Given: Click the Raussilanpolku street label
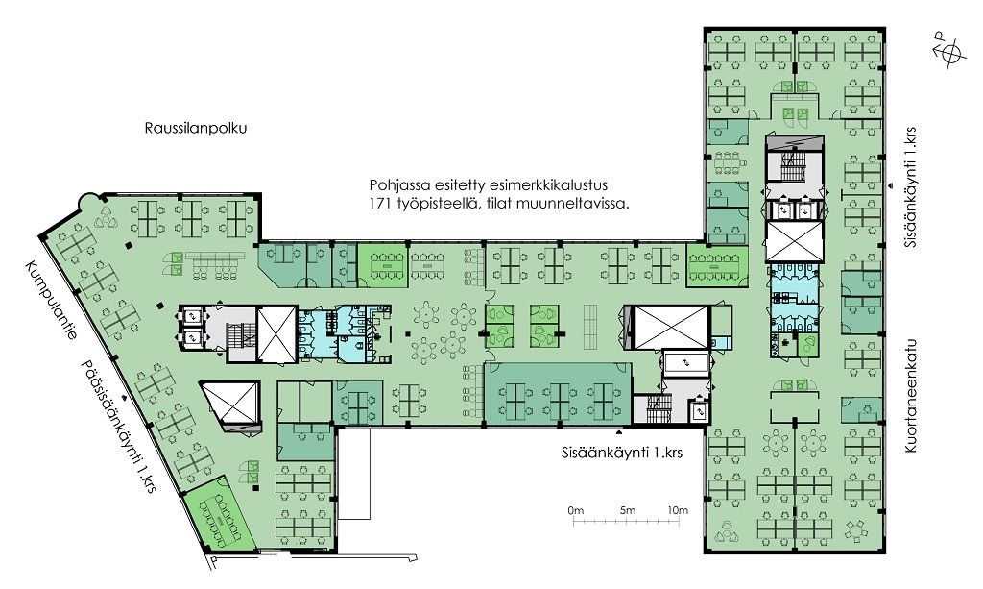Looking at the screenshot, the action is click(x=196, y=129).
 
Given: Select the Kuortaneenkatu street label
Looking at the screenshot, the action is click(x=910, y=397).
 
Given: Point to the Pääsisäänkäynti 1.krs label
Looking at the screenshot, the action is click(x=117, y=427).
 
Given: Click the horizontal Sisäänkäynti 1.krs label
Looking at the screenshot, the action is click(x=622, y=453).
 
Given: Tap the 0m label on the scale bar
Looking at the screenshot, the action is click(x=576, y=510).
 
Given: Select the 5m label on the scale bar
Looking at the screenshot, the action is click(x=628, y=510).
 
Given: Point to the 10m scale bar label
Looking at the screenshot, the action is click(x=678, y=510).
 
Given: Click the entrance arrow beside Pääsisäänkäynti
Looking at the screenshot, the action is click(x=125, y=398).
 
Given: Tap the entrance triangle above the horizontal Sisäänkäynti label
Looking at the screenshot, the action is click(x=620, y=432).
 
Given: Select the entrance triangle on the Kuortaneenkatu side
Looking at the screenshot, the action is click(x=890, y=185).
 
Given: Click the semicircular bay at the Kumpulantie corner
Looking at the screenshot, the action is click(x=86, y=201).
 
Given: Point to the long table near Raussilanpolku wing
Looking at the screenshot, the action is click(x=217, y=258).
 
